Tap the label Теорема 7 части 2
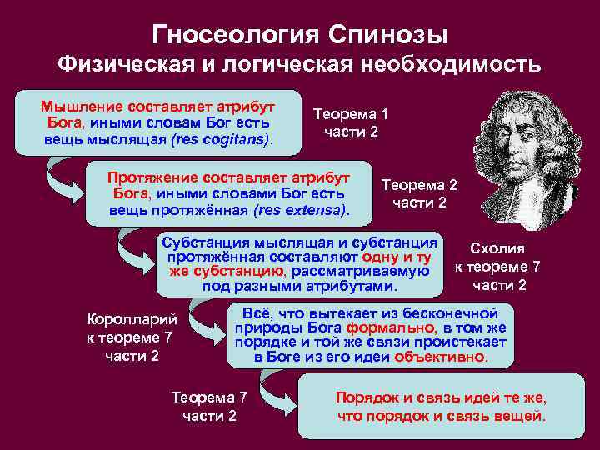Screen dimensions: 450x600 (x=209, y=407)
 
